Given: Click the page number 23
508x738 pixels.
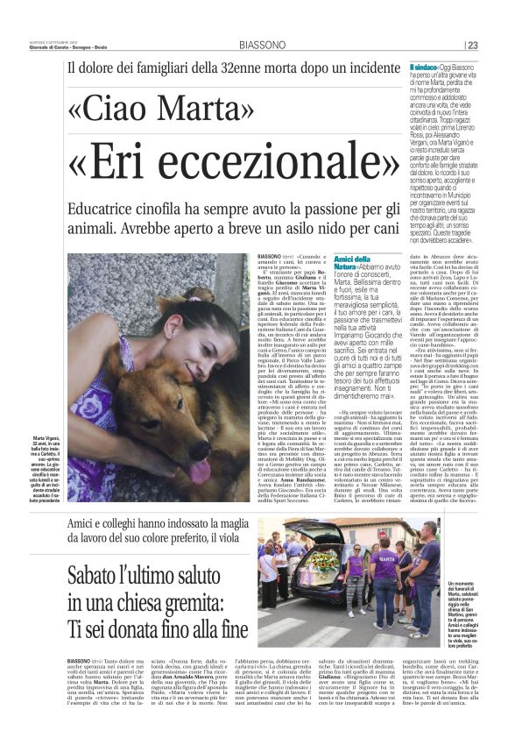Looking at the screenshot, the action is tap(497, 46).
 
